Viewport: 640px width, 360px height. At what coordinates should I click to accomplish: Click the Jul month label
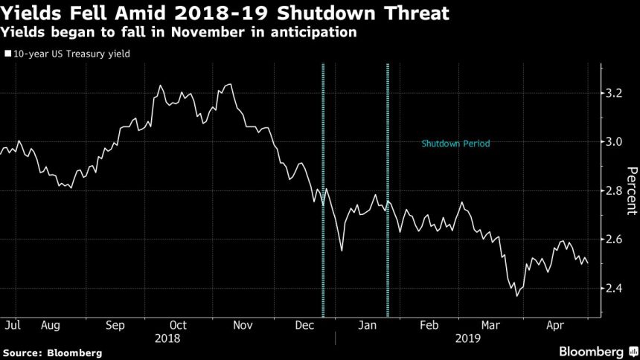tap(11, 325)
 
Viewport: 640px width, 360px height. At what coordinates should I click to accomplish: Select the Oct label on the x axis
tap(178, 325)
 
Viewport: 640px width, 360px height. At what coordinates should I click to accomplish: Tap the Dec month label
tap(304, 325)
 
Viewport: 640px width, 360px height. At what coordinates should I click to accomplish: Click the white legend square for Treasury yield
tap(7, 54)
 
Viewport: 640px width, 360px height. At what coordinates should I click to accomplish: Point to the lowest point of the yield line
tap(517, 295)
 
